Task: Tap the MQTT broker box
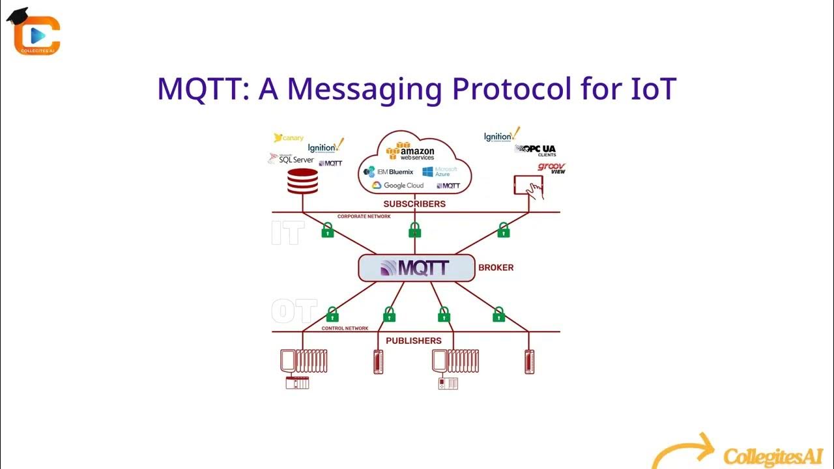pos(416,268)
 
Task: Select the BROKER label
pos(496,268)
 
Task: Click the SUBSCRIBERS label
pos(414,204)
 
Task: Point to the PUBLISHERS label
pos(414,341)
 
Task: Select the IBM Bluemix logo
pos(389,172)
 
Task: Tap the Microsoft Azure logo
pos(440,172)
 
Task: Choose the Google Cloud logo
pos(397,186)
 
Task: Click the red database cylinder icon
pos(303,181)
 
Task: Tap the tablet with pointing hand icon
pos(529,187)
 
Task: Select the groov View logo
pos(551,168)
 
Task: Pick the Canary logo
pos(289,138)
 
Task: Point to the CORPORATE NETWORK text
pos(364,216)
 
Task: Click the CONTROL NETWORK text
pos(345,328)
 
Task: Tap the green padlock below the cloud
pos(414,230)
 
